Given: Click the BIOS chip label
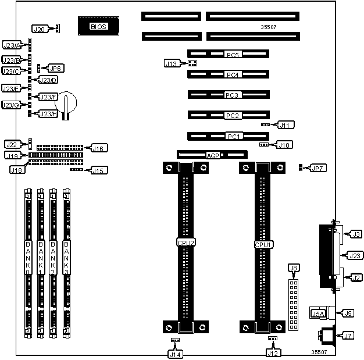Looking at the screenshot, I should point(98,26).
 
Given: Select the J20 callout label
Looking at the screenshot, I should point(40,29).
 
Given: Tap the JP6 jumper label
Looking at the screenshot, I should point(56,68).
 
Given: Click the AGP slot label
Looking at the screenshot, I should point(213,155).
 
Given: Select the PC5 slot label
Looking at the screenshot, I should point(233,55).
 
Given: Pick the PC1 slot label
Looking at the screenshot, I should point(233,136).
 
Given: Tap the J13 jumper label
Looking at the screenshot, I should point(172,63).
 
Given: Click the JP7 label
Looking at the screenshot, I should point(318,168).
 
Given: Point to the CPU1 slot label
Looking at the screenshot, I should point(263,245).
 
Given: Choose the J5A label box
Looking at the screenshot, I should point(318,313).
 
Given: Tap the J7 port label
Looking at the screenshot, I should point(348,336).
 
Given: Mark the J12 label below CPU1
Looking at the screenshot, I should point(273,352).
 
